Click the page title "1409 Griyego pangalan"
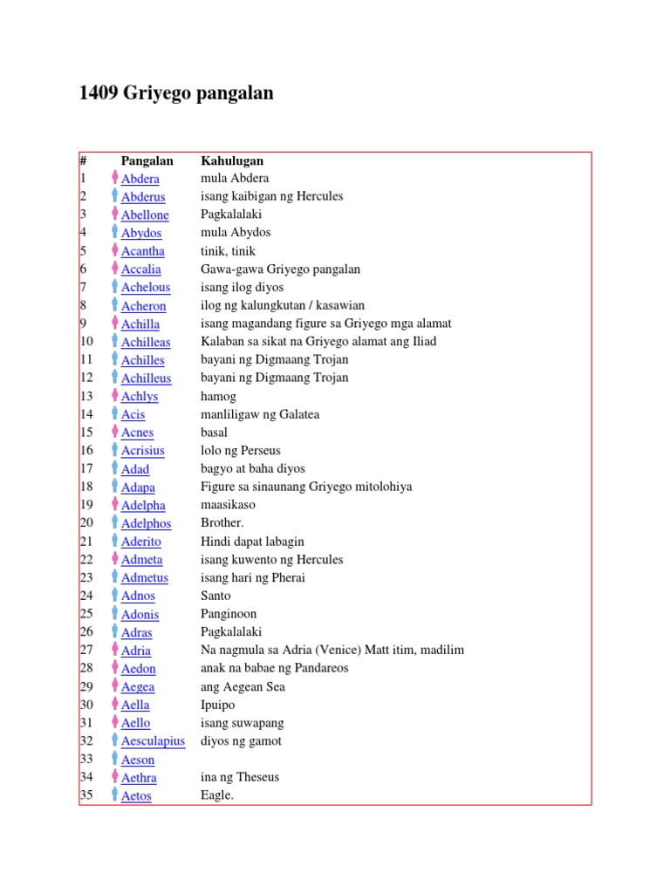[x=176, y=92]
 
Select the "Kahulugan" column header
[x=232, y=160]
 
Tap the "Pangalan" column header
[x=147, y=160]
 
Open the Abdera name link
[x=140, y=179]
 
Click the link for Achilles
[x=142, y=360]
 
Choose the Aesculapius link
[x=153, y=741]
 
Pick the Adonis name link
[x=140, y=614]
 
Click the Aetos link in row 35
[x=136, y=795]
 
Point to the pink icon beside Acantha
[x=114, y=250]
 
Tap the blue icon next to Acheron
[x=114, y=305]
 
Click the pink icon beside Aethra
[x=114, y=776]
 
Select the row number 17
[x=85, y=469]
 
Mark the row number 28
[x=85, y=668]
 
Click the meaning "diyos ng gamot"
[x=241, y=741]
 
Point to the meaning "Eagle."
[x=217, y=795]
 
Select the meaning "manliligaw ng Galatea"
[x=260, y=414]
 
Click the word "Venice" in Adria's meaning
[x=345, y=650]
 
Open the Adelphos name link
[x=146, y=523]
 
